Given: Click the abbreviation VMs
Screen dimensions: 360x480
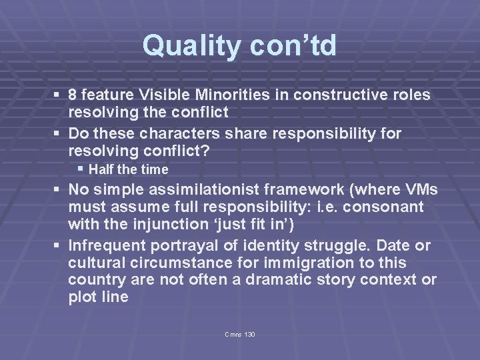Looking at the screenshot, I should point(418,188).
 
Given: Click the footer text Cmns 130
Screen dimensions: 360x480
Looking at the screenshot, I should point(241,333).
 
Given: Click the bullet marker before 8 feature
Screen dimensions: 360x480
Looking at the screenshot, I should point(59,95).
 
